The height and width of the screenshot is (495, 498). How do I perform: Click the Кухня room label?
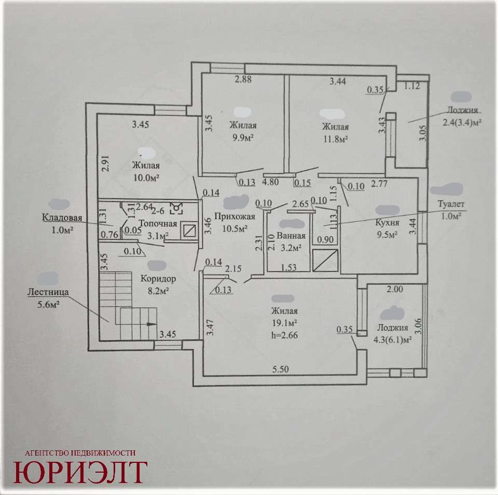387,223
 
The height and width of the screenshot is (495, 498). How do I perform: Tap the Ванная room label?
291,236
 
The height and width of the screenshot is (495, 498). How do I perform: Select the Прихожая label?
234,217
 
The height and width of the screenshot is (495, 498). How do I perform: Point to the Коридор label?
158,279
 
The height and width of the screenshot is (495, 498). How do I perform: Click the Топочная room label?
158,224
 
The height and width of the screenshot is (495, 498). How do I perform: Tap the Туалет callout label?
451,204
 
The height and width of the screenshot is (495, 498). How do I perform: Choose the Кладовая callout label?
62,217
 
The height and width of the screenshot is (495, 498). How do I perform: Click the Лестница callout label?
48,292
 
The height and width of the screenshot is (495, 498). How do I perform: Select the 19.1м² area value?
285,323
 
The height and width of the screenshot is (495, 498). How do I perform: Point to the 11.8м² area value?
336,139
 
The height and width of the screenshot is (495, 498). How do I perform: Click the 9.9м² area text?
243,137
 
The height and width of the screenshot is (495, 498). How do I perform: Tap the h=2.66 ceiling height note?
285,335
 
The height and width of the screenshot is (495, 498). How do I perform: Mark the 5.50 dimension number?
281,369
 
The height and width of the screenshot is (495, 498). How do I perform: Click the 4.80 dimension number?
271,182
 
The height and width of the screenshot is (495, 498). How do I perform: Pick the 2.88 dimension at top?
243,79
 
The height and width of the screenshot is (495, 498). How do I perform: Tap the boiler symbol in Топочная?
176,208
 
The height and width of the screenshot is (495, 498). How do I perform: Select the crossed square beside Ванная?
325,260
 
